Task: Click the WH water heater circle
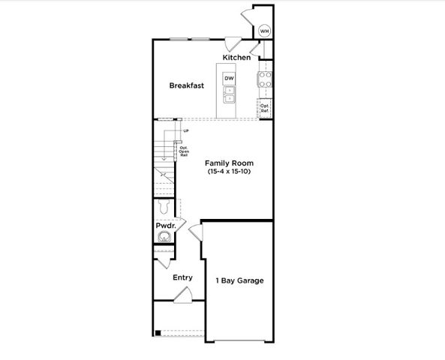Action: pyautogui.click(x=264, y=31)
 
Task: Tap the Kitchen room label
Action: pyautogui.click(x=236, y=58)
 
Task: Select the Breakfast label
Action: pyautogui.click(x=186, y=85)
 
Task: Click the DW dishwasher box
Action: pyautogui.click(x=230, y=79)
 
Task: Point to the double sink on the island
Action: pyautogui.click(x=230, y=94)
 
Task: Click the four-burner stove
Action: pyautogui.click(x=265, y=79)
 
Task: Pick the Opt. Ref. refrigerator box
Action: pyautogui.click(x=265, y=108)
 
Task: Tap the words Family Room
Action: pyautogui.click(x=230, y=163)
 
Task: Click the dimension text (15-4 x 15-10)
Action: pyautogui.click(x=230, y=172)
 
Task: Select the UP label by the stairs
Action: pyautogui.click(x=185, y=132)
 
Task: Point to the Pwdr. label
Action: pyautogui.click(x=165, y=225)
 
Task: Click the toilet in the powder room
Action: pyautogui.click(x=165, y=208)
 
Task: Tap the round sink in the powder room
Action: pyautogui.click(x=164, y=238)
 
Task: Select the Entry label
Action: pyautogui.click(x=182, y=277)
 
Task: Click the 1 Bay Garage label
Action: pyautogui.click(x=239, y=281)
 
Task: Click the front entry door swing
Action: pyautogui.click(x=182, y=298)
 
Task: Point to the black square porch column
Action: pyautogui.click(x=158, y=333)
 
